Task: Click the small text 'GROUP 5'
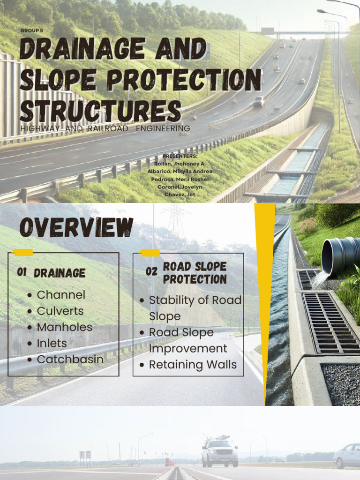[x=31, y=31]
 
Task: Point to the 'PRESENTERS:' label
[x=180, y=156]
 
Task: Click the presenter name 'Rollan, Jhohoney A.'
[x=180, y=164]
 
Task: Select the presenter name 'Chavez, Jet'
[x=180, y=194]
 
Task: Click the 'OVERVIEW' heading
[x=76, y=228]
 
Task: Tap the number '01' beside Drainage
[x=22, y=272]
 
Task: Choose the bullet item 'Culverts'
[x=60, y=311]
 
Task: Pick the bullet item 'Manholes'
[x=64, y=327]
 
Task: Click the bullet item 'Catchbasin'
[x=70, y=360]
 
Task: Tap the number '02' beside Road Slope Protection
[x=151, y=271]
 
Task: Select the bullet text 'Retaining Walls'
[x=193, y=365]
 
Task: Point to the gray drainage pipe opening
[x=339, y=255]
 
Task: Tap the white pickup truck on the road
[x=220, y=452]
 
